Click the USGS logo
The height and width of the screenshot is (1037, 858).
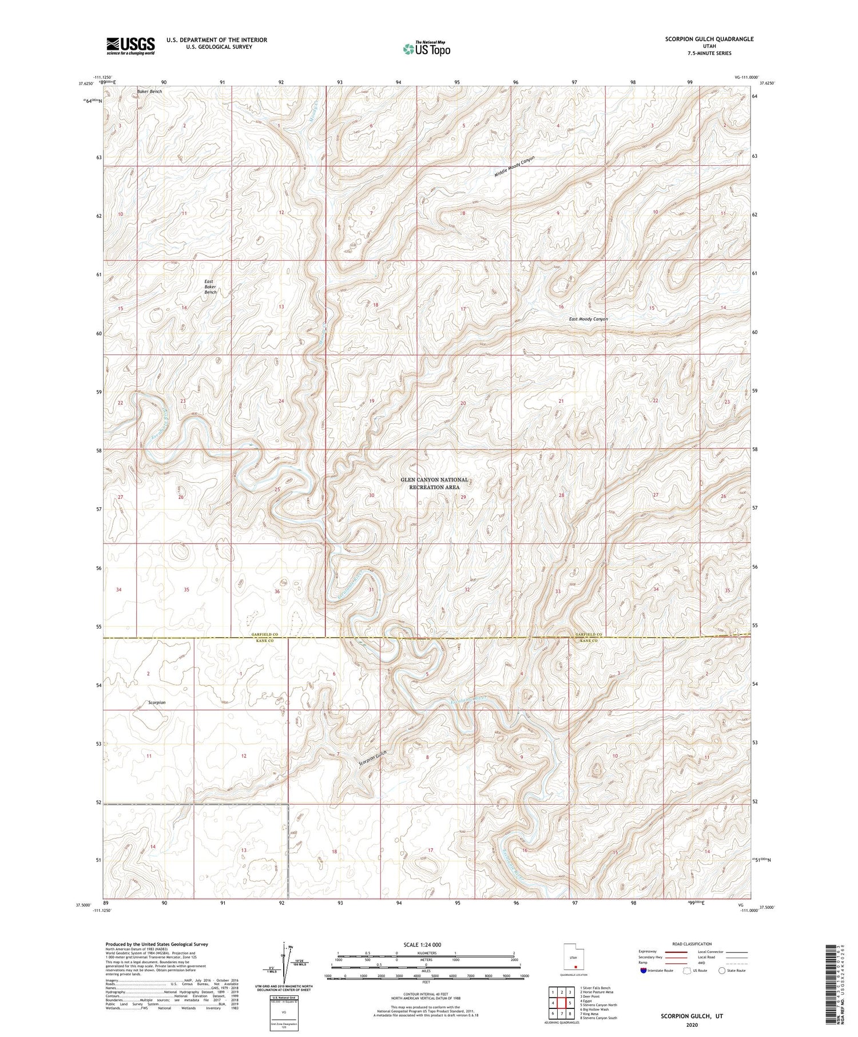point(130,46)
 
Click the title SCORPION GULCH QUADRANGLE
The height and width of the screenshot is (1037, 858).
point(709,39)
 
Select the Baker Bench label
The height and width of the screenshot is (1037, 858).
point(149,92)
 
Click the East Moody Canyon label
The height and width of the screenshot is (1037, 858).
point(588,319)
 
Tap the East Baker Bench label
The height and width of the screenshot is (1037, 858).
point(210,287)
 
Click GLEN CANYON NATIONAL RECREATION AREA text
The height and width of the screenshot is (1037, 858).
point(434,483)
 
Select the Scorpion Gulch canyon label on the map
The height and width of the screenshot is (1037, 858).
point(373,757)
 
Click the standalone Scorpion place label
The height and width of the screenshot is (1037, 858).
point(157,702)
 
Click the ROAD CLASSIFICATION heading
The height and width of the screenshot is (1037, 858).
point(692,944)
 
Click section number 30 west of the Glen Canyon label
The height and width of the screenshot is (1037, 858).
point(372,495)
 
